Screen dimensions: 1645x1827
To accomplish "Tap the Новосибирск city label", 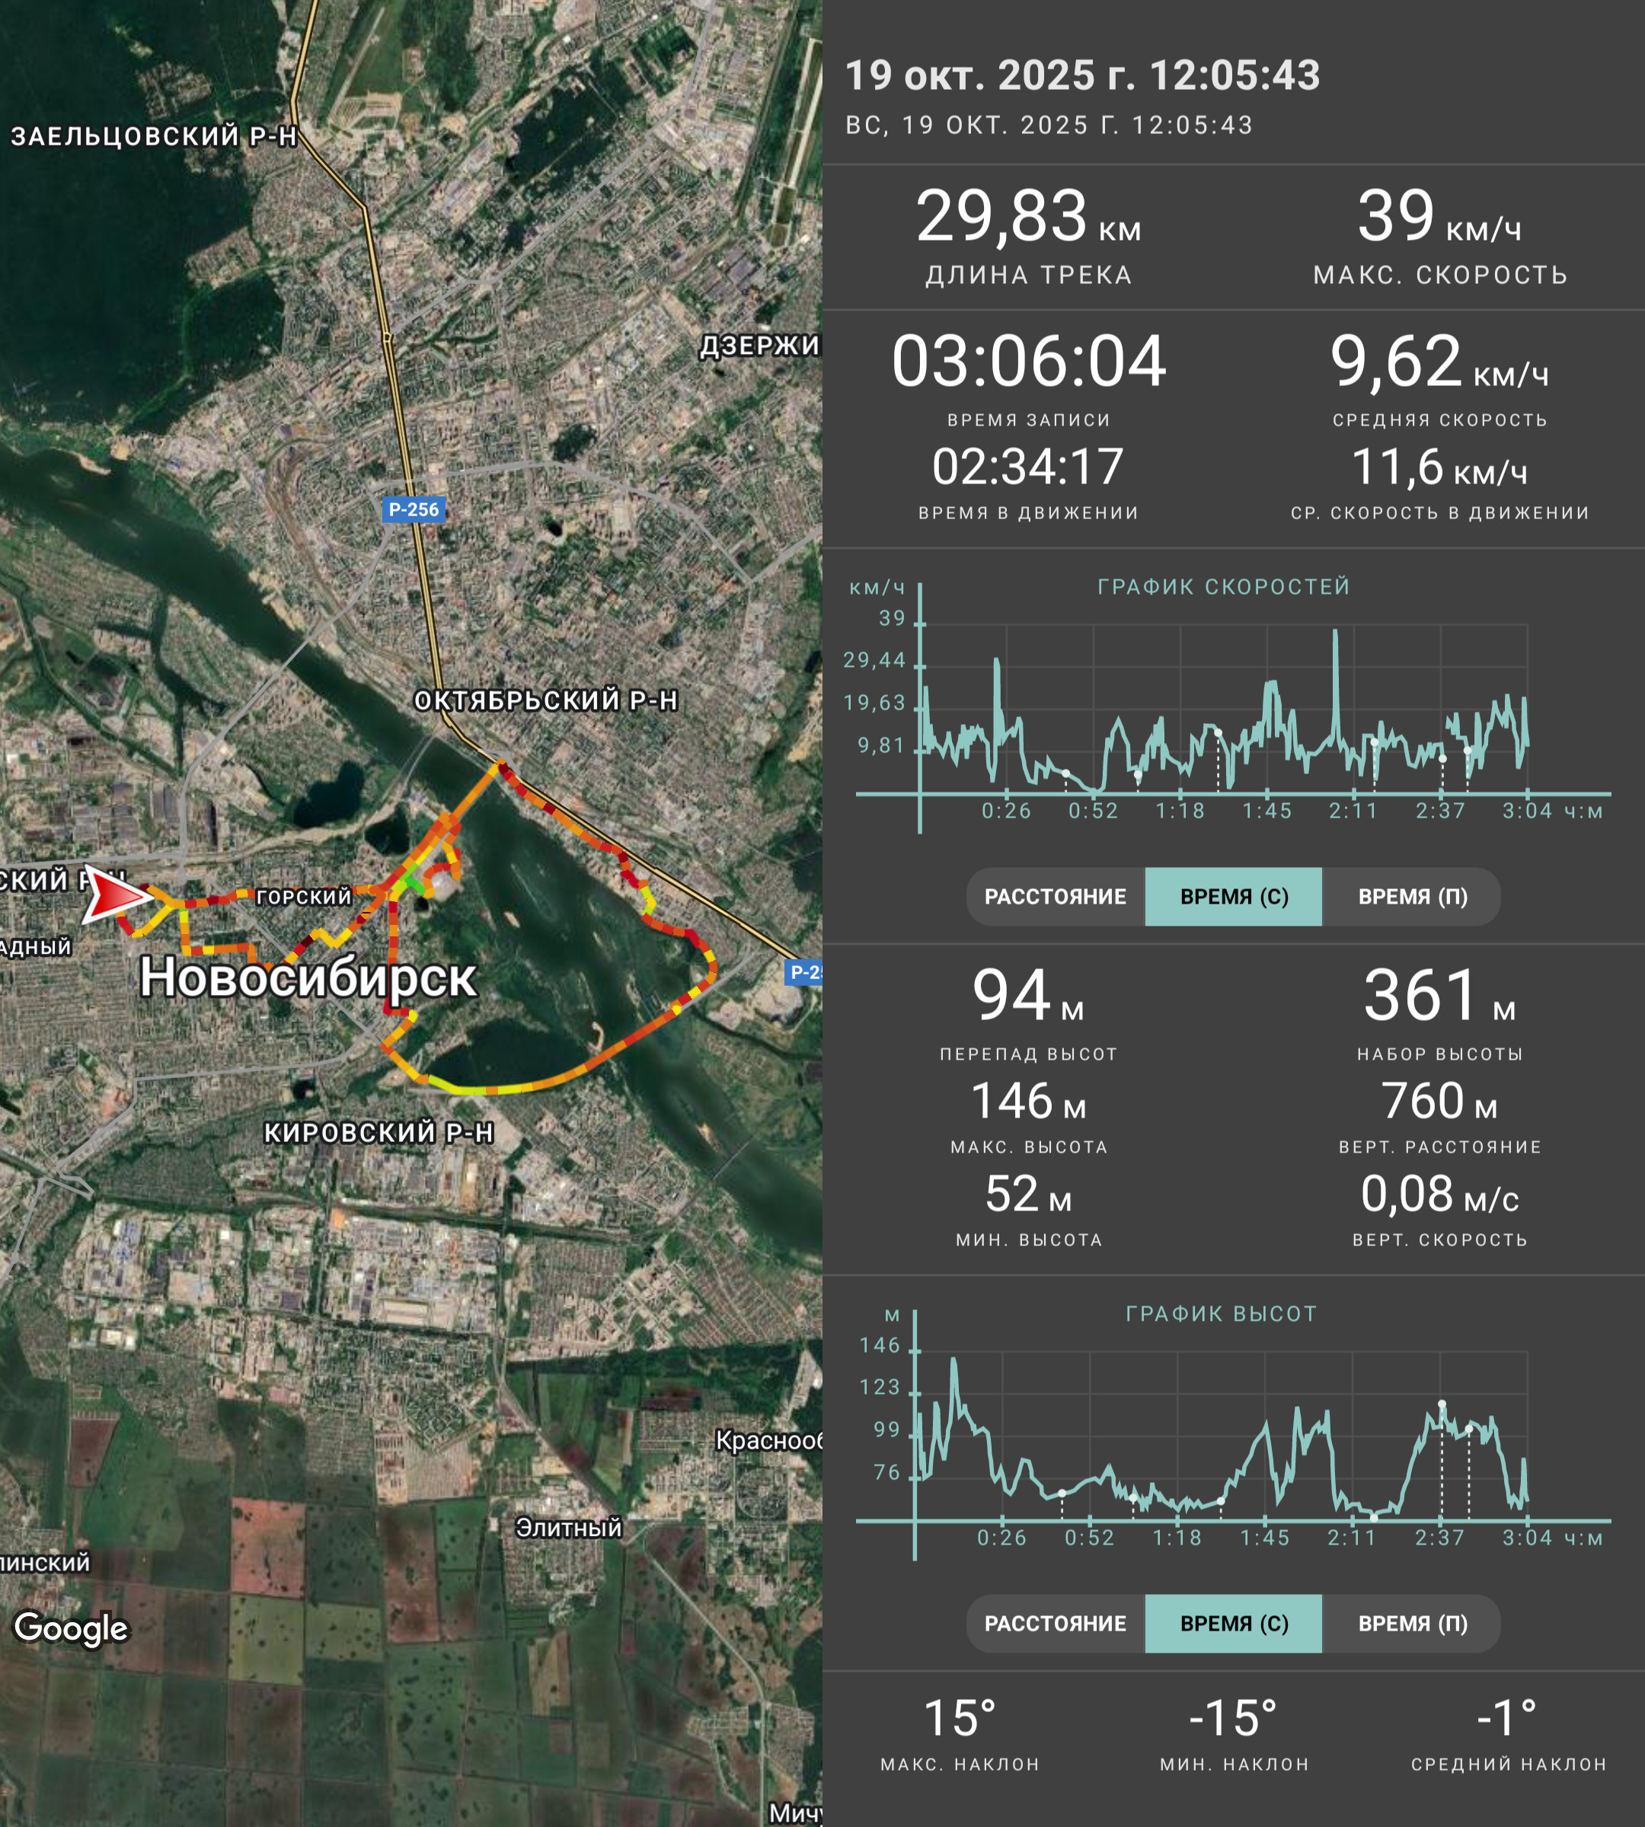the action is [308, 977].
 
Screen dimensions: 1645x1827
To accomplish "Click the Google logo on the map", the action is [72, 1628].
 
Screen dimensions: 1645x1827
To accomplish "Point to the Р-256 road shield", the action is [414, 509].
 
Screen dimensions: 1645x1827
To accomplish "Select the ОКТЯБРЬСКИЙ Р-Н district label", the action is [546, 700].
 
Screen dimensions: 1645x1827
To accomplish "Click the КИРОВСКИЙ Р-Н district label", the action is [379, 1132].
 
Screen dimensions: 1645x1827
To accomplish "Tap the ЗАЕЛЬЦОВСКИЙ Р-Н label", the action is [154, 136].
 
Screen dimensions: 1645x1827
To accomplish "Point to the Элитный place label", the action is [569, 1527].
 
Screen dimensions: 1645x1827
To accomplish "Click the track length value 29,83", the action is [1001, 217].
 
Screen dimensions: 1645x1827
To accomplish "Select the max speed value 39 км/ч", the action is [1439, 218].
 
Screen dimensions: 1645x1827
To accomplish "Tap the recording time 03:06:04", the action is [1029, 362].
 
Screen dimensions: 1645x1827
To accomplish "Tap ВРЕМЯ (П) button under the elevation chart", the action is [1413, 1624].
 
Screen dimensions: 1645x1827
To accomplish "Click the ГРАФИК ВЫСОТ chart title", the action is [1221, 1314].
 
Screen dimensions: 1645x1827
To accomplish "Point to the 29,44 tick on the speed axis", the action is [874, 661].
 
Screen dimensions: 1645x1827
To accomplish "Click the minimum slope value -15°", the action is [1233, 1719].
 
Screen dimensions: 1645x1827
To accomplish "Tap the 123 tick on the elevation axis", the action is [880, 1387].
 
